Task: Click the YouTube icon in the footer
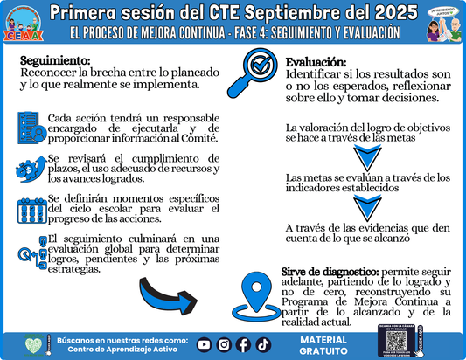click(x=204, y=344)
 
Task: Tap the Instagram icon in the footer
click(x=224, y=344)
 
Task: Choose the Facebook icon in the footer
click(x=243, y=344)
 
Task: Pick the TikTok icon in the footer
click(x=263, y=344)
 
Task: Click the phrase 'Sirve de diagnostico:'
click(x=324, y=273)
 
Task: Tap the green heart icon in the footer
click(x=33, y=344)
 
